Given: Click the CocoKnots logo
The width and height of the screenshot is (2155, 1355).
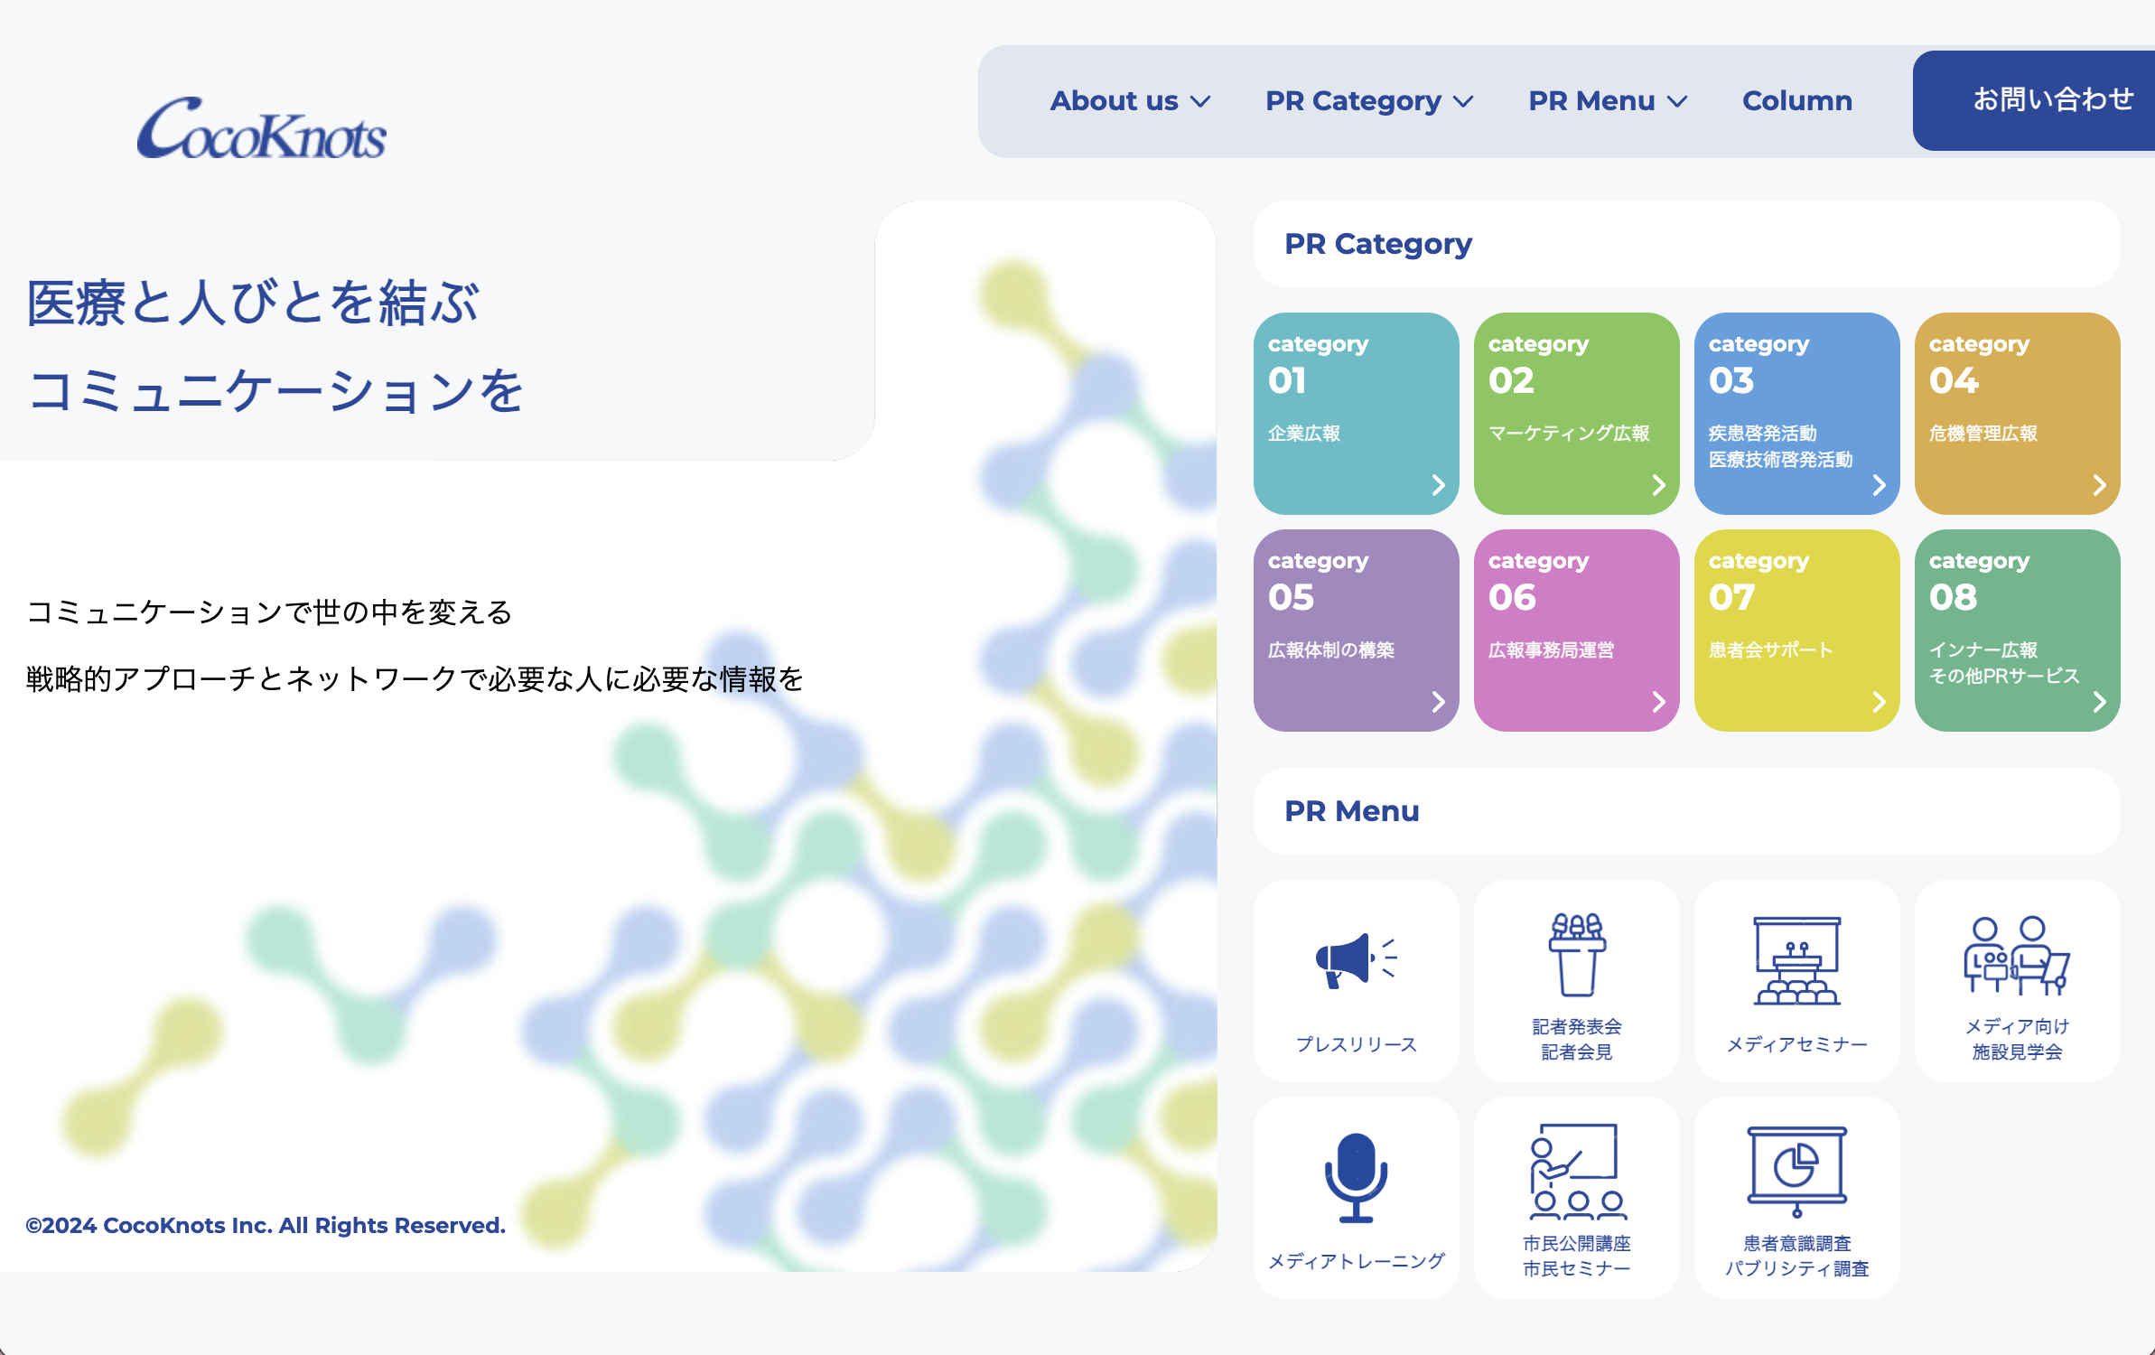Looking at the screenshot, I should [262, 128].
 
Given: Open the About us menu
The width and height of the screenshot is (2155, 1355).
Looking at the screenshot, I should [1129, 101].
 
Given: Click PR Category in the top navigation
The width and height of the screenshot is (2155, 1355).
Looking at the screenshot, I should [1353, 101].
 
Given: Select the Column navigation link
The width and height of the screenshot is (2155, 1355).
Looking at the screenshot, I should [1796, 101].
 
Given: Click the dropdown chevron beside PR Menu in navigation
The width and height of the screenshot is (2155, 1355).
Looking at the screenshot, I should [1677, 102].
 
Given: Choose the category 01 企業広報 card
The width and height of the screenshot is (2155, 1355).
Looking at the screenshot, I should [1356, 413].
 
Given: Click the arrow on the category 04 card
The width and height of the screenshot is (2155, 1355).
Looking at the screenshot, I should [2099, 485].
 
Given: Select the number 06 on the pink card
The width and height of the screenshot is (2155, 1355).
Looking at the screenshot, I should [1512, 597].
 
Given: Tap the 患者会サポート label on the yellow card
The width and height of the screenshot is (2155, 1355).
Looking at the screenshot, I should [1770, 649].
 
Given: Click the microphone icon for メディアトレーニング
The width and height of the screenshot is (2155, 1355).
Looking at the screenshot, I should [1356, 1176].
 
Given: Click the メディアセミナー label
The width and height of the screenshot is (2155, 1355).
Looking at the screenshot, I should [1796, 1044].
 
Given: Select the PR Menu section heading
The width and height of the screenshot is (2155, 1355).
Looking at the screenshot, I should [1351, 811].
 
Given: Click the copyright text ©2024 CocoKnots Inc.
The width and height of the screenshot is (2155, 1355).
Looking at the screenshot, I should [266, 1225].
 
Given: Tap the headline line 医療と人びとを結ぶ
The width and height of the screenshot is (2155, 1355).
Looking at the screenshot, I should [253, 303].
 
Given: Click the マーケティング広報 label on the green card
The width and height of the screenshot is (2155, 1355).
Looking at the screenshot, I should [1569, 434].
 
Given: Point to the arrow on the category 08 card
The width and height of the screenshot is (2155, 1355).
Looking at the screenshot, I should [2099, 702].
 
